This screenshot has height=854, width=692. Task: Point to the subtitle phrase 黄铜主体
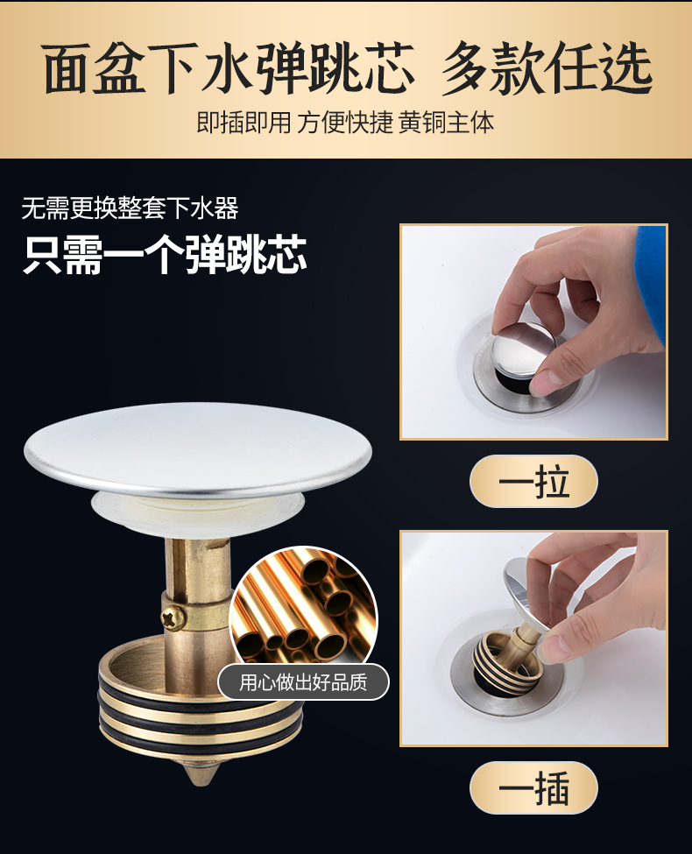[x=446, y=121]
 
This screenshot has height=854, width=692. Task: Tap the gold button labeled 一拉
[x=533, y=481]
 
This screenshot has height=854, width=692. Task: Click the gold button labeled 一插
[x=533, y=787]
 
